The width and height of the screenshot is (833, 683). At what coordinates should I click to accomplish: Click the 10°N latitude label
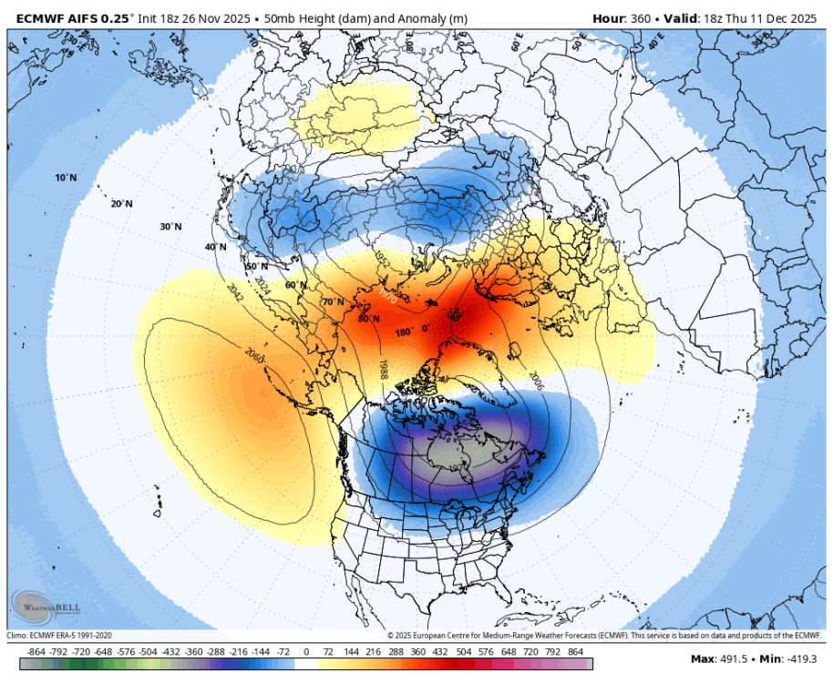pos(65,178)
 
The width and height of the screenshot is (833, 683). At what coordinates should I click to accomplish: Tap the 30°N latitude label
pos(170,227)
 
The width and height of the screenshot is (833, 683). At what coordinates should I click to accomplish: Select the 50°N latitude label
pos(256,266)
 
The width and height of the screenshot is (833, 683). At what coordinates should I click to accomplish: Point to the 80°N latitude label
pos(368,319)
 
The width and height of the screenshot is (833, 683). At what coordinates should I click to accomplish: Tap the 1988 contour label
pos(385,369)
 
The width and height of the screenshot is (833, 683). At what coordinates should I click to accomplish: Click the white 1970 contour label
pos(387,298)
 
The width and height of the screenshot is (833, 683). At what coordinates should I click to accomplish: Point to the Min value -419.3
pos(802,659)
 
